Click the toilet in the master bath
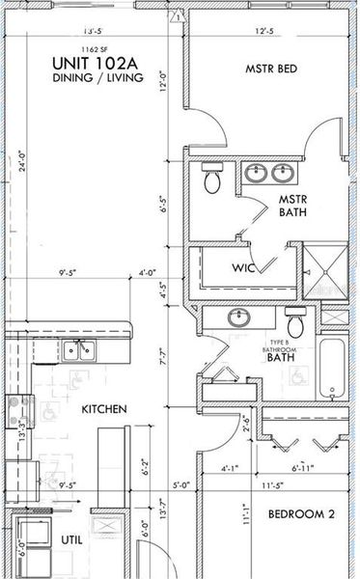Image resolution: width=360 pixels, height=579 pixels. pyautogui.click(x=212, y=178)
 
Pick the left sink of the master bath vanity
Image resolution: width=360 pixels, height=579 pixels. pyautogui.click(x=257, y=174)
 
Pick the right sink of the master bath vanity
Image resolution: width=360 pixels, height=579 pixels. pyautogui.click(x=283, y=174)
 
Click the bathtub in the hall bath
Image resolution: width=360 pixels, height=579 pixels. pyautogui.click(x=334, y=368)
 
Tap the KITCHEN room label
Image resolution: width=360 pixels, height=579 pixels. pyautogui.click(x=104, y=409)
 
